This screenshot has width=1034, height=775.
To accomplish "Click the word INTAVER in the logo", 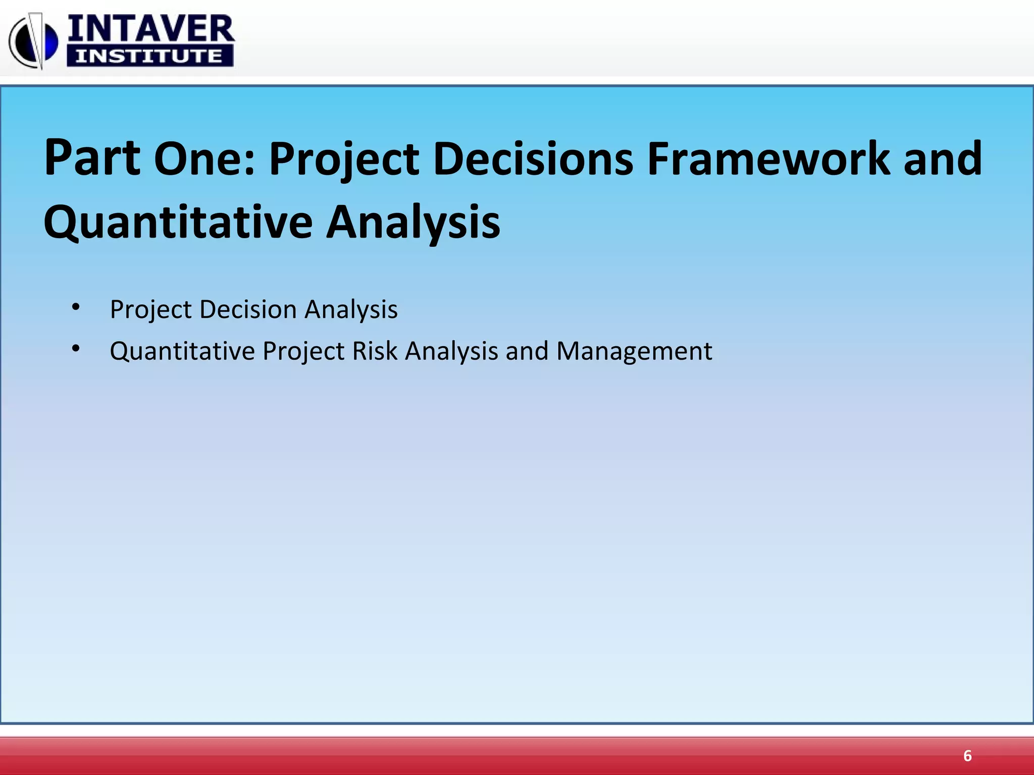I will [x=150, y=29].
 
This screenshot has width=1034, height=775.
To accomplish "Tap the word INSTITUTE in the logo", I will [x=149, y=56].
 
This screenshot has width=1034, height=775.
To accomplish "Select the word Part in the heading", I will [x=92, y=159].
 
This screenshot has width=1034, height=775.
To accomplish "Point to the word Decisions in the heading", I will [x=533, y=159].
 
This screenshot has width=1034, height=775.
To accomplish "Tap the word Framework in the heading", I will [x=768, y=159].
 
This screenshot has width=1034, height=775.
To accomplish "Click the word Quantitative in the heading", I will [x=178, y=223].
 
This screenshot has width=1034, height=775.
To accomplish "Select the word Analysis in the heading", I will [x=413, y=223].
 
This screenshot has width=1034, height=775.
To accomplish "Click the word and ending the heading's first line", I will [x=943, y=159].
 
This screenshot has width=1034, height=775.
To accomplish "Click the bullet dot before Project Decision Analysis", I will [x=76, y=307].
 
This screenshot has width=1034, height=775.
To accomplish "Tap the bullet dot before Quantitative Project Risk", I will [x=76, y=348].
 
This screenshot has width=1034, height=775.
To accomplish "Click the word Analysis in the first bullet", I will [x=351, y=309].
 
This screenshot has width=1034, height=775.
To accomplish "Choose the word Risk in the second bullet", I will [x=375, y=351].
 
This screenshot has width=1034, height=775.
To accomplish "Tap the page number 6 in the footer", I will [x=967, y=756].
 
